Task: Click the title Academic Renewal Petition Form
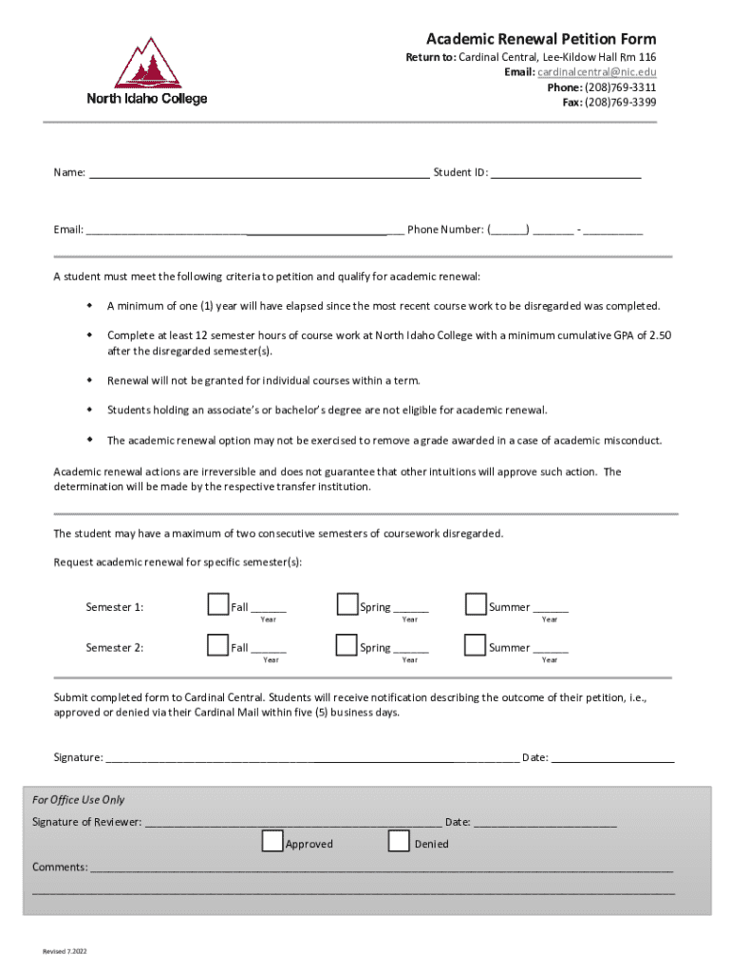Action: [540, 39]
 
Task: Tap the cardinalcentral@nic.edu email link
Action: [596, 72]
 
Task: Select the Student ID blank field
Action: [566, 173]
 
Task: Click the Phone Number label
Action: [445, 229]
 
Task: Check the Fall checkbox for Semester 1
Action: [217, 604]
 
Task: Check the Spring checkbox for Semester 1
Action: [347, 604]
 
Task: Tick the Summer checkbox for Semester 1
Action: [475, 604]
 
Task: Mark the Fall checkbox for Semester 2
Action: [217, 645]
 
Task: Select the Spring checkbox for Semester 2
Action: [347, 645]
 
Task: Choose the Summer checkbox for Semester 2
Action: [475, 645]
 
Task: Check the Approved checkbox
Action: [272, 841]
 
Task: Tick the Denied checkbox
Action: [400, 841]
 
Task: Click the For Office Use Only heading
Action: [78, 800]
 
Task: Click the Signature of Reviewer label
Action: [86, 822]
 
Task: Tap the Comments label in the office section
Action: [60, 867]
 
